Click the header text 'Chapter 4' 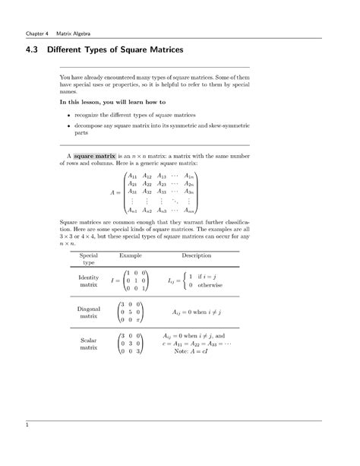pos(37,33)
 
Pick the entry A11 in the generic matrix pos(132,175)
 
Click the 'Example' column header pos(131,255)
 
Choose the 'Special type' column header pos(89,259)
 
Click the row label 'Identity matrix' pos(89,281)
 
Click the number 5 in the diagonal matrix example pos(134,312)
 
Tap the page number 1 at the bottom pos(27,426)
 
